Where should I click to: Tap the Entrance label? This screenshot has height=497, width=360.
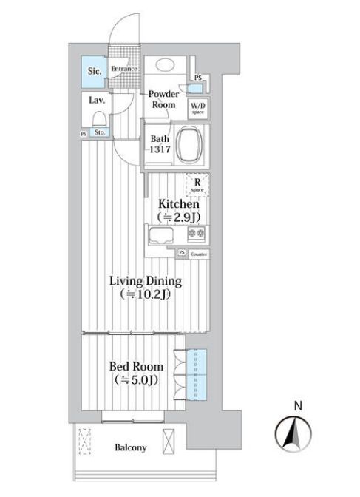coord(124,69)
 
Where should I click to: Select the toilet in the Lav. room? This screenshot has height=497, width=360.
coord(98,119)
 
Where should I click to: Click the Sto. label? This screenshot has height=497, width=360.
coord(101,133)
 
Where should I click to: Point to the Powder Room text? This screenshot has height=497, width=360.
coord(163,100)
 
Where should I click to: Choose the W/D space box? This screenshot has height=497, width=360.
coord(198,108)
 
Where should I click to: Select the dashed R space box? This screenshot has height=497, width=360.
coord(198,183)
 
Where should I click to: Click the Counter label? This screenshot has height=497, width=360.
coord(198,254)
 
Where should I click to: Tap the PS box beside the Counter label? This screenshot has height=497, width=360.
coord(182,254)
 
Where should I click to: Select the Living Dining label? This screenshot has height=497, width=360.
coord(146,281)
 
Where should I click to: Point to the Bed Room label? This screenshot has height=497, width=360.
coord(136,366)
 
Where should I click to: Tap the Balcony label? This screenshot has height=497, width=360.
coord(130,447)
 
